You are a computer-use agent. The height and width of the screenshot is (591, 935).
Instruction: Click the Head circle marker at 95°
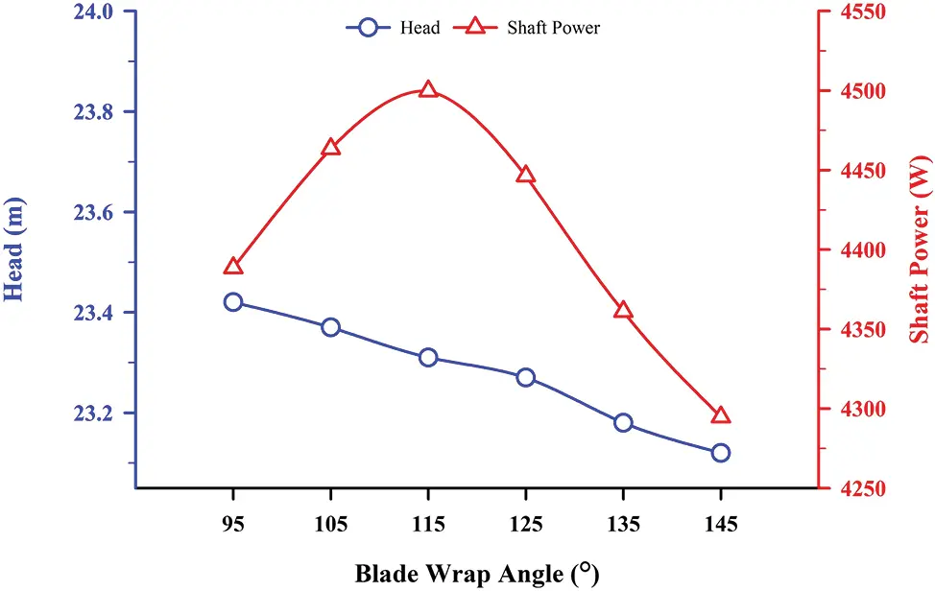coord(233,302)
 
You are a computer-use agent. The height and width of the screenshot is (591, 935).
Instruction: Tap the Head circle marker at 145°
coord(721,453)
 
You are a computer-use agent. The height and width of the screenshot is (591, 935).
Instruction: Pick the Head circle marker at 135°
coord(623,423)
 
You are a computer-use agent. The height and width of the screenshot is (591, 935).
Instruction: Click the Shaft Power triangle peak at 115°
coord(428,90)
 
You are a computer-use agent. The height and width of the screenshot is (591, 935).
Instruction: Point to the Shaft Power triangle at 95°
coord(233,267)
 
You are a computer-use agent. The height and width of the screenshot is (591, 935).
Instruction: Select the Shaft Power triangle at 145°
coord(721,415)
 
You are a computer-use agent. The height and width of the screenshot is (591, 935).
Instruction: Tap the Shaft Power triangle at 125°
coord(525,175)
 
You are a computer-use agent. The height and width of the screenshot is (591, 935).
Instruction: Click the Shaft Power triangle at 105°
coord(331,148)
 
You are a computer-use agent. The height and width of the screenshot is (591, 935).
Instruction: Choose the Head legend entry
coord(394,28)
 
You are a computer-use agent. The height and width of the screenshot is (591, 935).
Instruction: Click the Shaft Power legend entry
coord(538,28)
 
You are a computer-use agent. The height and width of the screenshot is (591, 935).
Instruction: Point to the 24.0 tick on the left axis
coord(93,12)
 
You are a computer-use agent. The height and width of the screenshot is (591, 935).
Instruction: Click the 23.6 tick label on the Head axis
coord(93,212)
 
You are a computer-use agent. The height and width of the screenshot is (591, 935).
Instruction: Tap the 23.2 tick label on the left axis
coord(93,414)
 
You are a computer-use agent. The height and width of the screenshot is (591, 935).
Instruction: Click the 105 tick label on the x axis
coord(331,523)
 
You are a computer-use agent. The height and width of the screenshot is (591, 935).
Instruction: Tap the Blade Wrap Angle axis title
coord(477,574)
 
